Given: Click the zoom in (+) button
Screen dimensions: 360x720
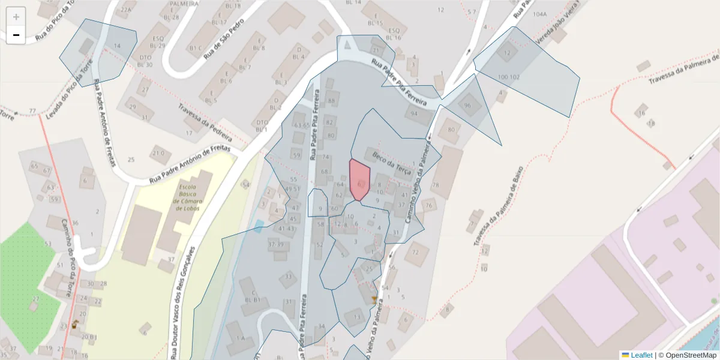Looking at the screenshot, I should pyautogui.click(x=16, y=17).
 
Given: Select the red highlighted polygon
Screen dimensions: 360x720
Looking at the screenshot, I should pyautogui.click(x=359, y=179).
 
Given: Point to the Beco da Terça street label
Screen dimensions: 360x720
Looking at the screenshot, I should pyautogui.click(x=391, y=164).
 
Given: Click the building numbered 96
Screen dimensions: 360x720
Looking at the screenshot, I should pyautogui.click(x=468, y=106).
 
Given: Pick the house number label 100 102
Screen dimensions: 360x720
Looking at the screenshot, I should pyautogui.click(x=508, y=77).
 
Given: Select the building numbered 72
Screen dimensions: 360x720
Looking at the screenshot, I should pyautogui.click(x=416, y=253).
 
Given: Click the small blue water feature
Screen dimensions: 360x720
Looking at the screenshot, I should pyautogui.click(x=259, y=226).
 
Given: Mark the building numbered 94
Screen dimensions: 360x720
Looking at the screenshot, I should pyautogui.click(x=414, y=113).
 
